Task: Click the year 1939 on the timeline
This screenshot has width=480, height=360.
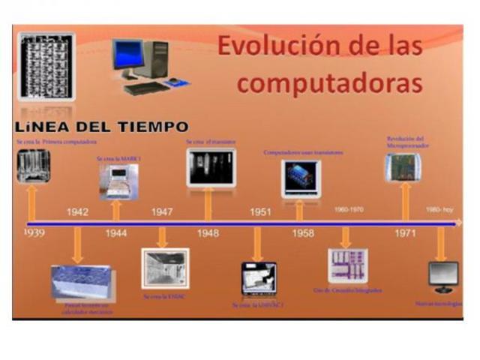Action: pos(33,233)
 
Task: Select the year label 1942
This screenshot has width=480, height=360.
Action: pos(77,212)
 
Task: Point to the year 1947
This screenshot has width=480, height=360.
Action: pos(162,212)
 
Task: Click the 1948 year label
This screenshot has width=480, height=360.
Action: pos(208,233)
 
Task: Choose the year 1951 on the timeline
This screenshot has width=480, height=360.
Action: pos(260,212)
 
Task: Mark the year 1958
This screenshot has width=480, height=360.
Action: pos(303,233)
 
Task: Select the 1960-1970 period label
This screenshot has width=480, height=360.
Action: pos(349,209)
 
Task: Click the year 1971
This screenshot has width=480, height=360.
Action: pos(406,233)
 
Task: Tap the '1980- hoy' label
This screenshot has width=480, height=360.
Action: pos(439,209)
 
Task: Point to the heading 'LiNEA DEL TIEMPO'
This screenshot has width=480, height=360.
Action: pos(100,127)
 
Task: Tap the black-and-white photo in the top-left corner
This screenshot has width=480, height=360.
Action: pos(46,66)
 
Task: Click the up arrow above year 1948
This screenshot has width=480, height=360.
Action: pos(208,203)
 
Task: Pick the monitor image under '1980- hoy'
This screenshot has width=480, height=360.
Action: pos(442,276)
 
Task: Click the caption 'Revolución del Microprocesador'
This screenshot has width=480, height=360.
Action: pos(406,142)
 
